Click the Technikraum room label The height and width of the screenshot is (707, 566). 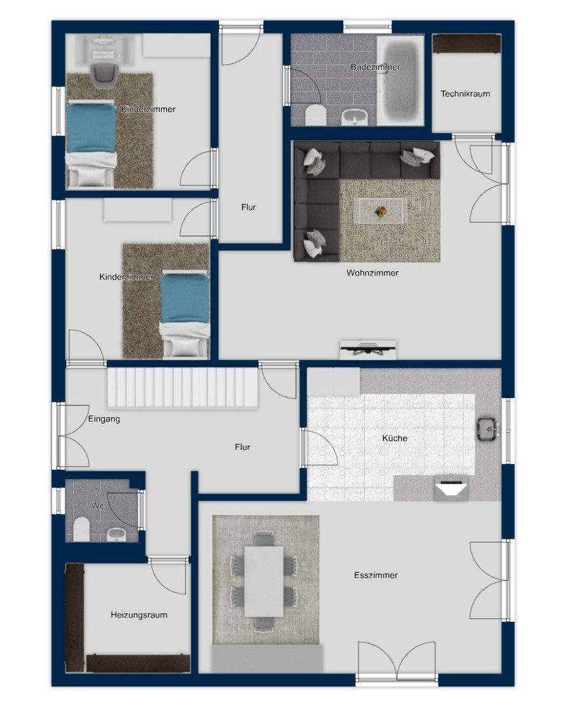click(465, 94)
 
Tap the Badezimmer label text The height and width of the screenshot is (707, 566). click(375, 67)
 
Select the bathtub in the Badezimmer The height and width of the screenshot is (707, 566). click(400, 81)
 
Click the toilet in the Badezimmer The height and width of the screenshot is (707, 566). click(316, 115)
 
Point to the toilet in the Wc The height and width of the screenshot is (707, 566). click(82, 528)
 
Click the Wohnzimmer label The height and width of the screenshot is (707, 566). click(372, 273)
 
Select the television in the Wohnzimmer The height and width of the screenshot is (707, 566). click(368, 349)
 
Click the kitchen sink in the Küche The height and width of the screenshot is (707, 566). click(487, 429)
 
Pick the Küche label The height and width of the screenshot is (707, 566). click(394, 438)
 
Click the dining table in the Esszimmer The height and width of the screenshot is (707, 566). click(264, 581)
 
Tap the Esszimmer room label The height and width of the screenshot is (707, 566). click(376, 575)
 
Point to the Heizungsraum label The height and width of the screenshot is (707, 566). click(139, 615)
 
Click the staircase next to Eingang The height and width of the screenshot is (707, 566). click(182, 388)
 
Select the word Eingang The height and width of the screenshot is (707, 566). click(104, 419)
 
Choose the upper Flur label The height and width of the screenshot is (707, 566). click(249, 208)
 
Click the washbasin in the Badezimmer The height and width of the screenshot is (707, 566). click(355, 118)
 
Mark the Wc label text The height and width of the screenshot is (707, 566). click(98, 506)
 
